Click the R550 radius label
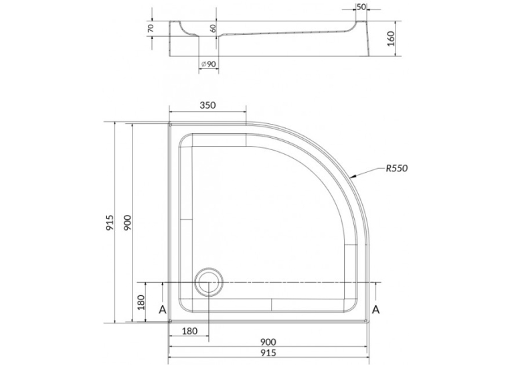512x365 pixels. (x=397, y=169)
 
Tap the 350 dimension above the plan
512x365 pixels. (x=207, y=105)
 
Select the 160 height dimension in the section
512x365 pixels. (x=391, y=39)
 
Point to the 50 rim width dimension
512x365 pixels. (x=361, y=7)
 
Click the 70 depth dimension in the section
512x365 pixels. (x=151, y=28)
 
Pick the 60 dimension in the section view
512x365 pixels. (x=213, y=28)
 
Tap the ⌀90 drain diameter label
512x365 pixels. (x=208, y=64)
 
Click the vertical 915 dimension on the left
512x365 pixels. (x=110, y=222)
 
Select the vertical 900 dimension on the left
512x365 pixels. (x=127, y=222)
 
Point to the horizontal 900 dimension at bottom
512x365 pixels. (x=268, y=342)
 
